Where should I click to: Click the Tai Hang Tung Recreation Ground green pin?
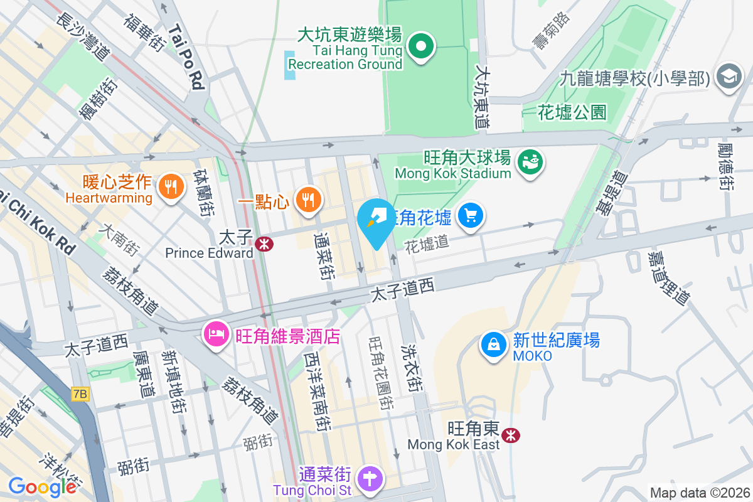click(x=422, y=47)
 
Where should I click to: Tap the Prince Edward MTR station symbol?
click(x=264, y=244)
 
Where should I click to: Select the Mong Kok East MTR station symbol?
click(x=512, y=435)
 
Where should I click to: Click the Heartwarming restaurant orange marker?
click(x=170, y=186)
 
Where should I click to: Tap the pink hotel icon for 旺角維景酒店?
click(x=215, y=333)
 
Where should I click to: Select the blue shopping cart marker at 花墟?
click(x=470, y=216)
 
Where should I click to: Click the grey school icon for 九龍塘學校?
click(x=729, y=78)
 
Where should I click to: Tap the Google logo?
click(x=43, y=486)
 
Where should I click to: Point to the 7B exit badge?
click(x=80, y=394)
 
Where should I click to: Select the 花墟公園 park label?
click(x=572, y=112)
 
